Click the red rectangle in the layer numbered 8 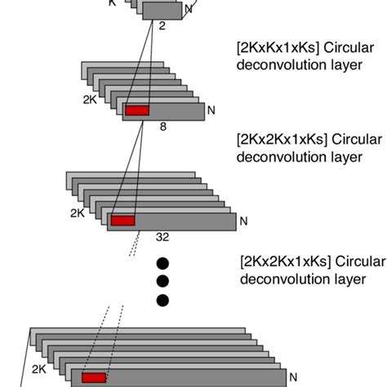tap(137, 110)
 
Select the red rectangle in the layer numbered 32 tap(122, 220)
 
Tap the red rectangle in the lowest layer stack tap(94, 378)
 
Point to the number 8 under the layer tap(162, 126)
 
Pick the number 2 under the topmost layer tap(162, 26)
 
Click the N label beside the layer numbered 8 tap(211, 109)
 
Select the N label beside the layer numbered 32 tap(242, 220)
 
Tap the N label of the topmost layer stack tap(189, 9)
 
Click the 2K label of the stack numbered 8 tap(91, 101)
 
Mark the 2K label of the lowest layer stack tap(39, 369)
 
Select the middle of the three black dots tap(162, 282)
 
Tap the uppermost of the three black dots tap(162, 263)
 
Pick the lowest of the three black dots tap(162, 300)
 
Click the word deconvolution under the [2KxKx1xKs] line tap(274, 68)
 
